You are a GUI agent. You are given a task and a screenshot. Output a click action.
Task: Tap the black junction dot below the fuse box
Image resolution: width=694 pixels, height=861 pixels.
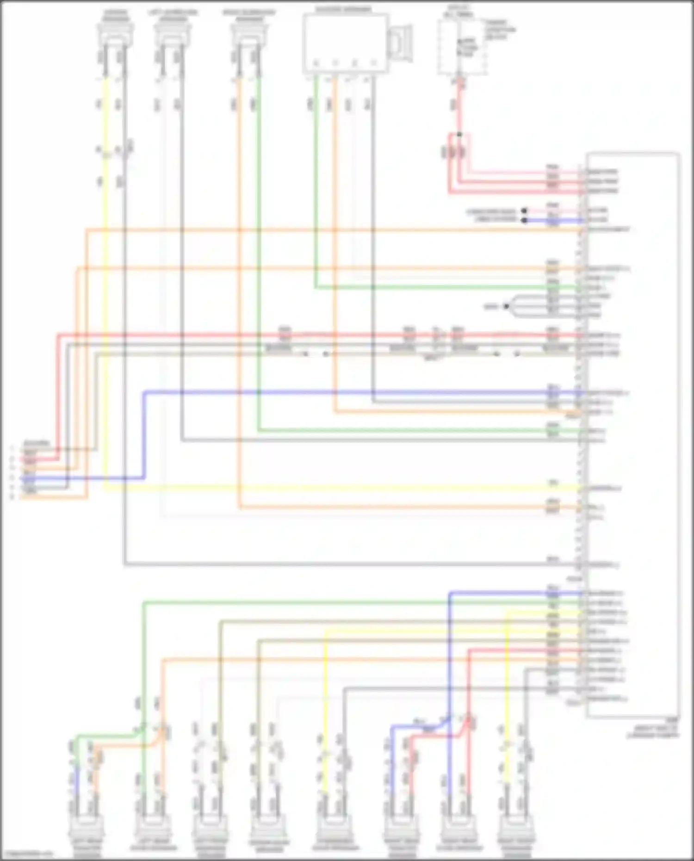pyautogui.click(x=459, y=135)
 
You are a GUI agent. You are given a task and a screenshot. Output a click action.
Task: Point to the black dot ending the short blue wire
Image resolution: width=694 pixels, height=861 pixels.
pyautogui.click(x=524, y=221)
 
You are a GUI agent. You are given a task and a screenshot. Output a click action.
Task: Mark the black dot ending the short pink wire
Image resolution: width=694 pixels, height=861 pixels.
pyautogui.click(x=524, y=211)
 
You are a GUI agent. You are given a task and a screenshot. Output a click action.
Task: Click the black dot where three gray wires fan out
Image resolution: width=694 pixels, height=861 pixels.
pyautogui.click(x=506, y=306)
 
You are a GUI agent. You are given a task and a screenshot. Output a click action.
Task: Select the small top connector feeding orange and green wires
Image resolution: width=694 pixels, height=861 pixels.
pyautogui.click(x=248, y=35)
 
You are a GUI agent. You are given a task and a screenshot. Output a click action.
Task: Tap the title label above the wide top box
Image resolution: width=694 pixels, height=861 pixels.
pyautogui.click(x=343, y=9)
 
